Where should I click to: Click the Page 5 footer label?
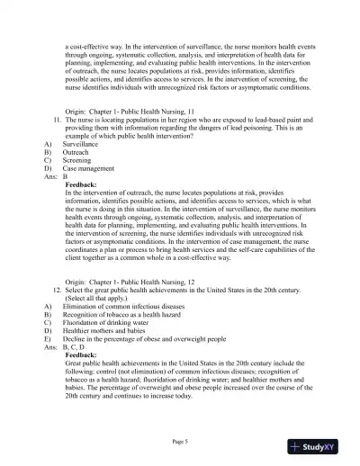(180, 441)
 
